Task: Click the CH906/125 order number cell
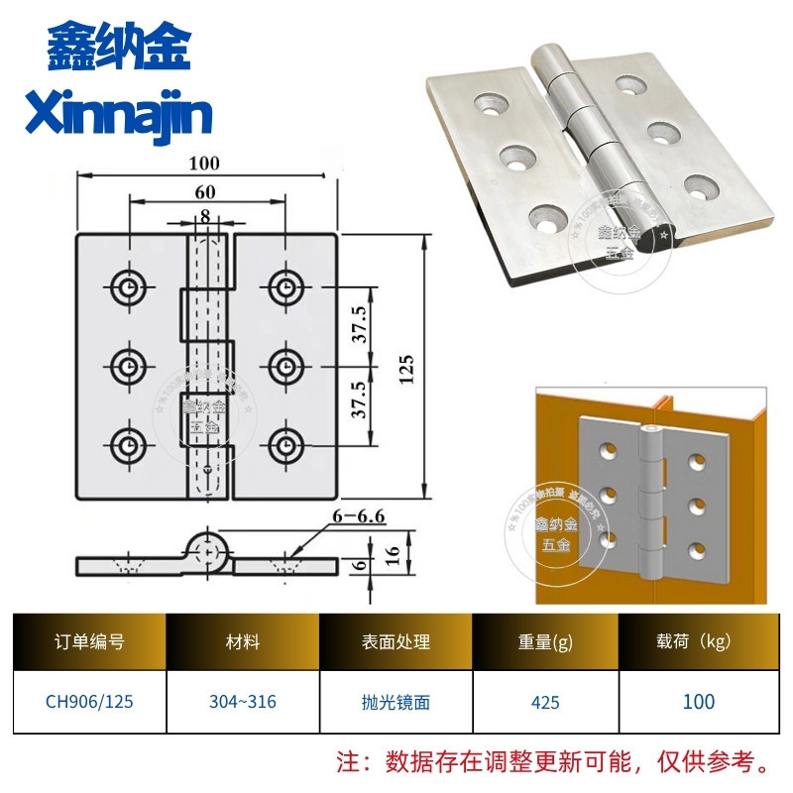(x=89, y=702)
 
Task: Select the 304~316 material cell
(x=244, y=702)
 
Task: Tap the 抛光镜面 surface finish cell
(x=396, y=702)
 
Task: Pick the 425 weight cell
(x=545, y=702)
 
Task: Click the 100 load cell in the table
(x=698, y=702)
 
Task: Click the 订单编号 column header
(x=89, y=641)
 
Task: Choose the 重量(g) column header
(x=545, y=641)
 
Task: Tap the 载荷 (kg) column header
(x=698, y=641)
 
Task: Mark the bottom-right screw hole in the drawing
(x=285, y=443)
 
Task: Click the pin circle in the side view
(x=209, y=548)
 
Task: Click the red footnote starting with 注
(x=555, y=763)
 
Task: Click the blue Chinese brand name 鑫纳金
(x=118, y=47)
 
